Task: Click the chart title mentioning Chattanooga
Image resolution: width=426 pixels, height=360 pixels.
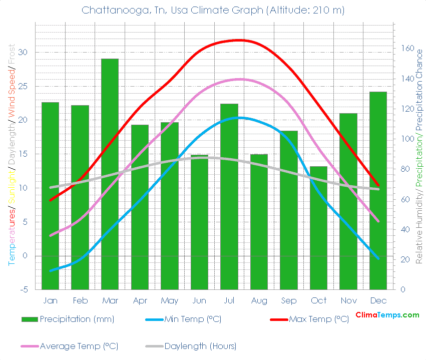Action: click(x=213, y=10)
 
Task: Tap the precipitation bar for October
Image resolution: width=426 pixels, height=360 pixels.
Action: click(x=318, y=228)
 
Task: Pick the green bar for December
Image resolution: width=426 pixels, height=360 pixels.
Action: click(x=378, y=190)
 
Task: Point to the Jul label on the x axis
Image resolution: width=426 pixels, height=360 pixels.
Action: click(x=229, y=300)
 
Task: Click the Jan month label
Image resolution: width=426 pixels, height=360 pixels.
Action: click(x=50, y=300)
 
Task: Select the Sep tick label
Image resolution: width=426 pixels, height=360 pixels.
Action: click(x=289, y=300)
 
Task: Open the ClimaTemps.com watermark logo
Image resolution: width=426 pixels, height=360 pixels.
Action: click(x=387, y=315)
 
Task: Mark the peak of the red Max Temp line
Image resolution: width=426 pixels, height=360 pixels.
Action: click(x=239, y=40)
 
